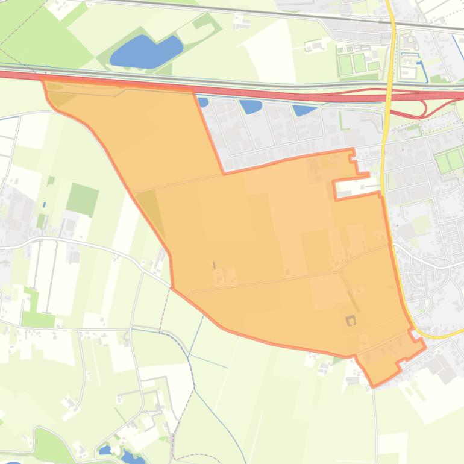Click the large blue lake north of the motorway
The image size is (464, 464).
[145, 51]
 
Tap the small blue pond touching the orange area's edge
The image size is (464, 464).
[203, 102]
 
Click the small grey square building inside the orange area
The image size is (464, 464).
[350, 321]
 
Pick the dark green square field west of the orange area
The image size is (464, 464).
[83, 199]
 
